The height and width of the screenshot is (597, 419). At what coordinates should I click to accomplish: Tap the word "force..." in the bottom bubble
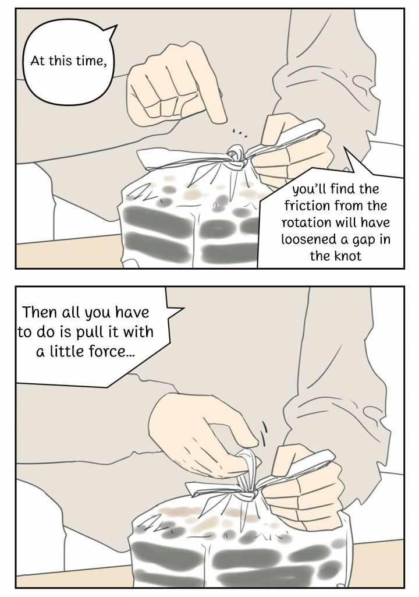[x=112, y=351]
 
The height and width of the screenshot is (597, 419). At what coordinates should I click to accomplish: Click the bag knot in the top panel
[x=236, y=156]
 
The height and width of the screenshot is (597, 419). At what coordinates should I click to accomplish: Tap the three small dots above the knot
[x=240, y=133]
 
